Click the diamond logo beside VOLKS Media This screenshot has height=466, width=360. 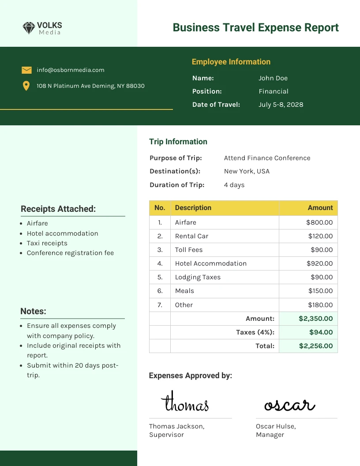coord(29,28)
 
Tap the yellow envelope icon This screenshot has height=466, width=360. coord(26,70)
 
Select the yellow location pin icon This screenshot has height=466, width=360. coord(26,86)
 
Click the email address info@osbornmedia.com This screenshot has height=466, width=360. coord(71,70)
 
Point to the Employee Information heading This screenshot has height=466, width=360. coord(231,62)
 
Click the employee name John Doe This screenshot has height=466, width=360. coord(273,78)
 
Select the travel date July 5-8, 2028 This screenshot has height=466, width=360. coord(281,105)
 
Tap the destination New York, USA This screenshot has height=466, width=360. coord(247,171)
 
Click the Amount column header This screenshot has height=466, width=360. coord(320,208)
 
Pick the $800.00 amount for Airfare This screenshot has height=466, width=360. coord(319,222)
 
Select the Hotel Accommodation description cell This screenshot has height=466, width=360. coord(210,263)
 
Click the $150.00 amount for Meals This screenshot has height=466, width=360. coord(320,291)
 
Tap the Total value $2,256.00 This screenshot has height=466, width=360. coord(315,346)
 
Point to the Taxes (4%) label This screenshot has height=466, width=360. coord(255,332)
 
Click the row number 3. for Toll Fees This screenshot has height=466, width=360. coord(160,250)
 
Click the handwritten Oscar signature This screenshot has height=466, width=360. coord(289,404)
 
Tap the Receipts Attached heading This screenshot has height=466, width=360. coord(58,209)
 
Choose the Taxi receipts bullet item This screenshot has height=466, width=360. coord(47,243)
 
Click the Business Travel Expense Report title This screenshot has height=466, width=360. coord(255,27)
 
